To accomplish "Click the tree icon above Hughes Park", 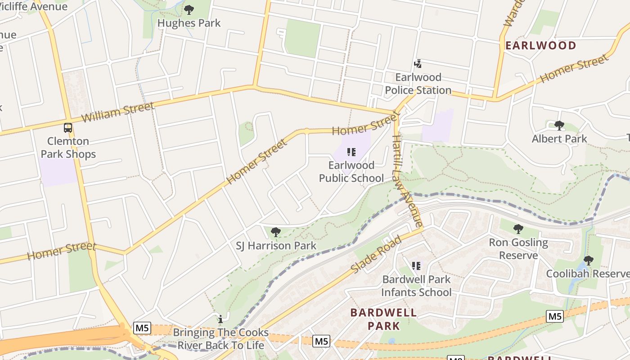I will coord(189,9).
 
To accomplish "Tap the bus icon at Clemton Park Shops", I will coord(68,128).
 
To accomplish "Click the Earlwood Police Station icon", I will coord(418,64).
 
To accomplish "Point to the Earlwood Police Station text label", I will coord(418,84).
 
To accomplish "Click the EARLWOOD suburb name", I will coord(540,45).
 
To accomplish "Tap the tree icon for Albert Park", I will coord(559,125).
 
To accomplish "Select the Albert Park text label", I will coord(559,139).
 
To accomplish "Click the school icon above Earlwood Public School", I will coord(351,152).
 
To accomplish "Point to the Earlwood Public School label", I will coord(351,171).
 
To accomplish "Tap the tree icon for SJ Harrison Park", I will coord(276,232).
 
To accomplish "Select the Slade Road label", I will coord(375,255).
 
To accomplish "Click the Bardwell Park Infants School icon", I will coord(416,266).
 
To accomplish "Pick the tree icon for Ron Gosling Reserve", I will coord(518,229).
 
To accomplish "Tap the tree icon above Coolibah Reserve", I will coord(588,260).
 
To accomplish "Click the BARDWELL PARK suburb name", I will coord(383,319).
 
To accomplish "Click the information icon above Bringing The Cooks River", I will coord(220,319).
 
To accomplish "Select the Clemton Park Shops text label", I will coord(68,148).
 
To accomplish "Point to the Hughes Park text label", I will coord(189,23).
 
